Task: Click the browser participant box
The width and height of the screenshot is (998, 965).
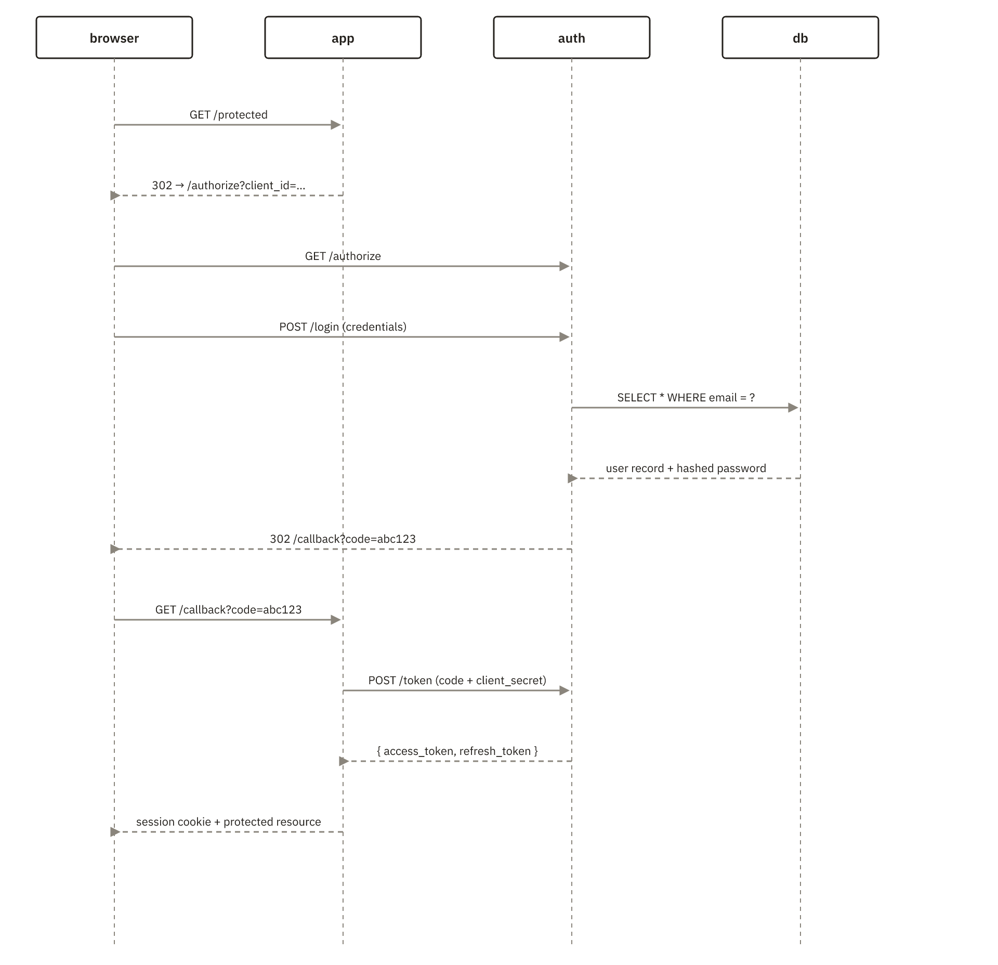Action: point(114,37)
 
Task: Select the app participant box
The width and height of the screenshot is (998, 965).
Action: point(343,37)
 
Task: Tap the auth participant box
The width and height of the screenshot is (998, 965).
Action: point(572,37)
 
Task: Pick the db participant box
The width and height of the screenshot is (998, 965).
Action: point(800,37)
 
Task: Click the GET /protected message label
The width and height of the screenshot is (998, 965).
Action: point(229,115)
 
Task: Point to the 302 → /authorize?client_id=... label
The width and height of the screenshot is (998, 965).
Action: point(229,186)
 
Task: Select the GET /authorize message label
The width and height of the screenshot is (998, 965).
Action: point(343,256)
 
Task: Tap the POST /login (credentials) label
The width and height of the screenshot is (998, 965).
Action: point(343,327)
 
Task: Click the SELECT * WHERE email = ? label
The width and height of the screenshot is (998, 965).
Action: point(686,398)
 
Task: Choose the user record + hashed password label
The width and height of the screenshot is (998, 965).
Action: point(686,468)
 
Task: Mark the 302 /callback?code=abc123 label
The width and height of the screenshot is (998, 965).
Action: point(343,539)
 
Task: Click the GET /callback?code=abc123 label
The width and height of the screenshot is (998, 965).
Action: point(229,610)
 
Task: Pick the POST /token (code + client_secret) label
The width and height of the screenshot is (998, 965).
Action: point(457,681)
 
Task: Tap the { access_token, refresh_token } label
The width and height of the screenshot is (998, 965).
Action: point(457,751)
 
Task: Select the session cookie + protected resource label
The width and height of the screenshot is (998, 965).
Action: point(229,822)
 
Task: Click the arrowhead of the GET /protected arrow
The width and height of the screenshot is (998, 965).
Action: point(336,125)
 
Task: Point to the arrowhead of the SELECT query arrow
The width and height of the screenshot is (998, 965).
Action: point(794,408)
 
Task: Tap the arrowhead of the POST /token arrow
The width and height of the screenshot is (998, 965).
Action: point(565,690)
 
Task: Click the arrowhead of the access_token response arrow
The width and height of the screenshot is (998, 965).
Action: point(344,761)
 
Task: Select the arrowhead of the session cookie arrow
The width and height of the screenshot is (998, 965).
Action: point(115,832)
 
